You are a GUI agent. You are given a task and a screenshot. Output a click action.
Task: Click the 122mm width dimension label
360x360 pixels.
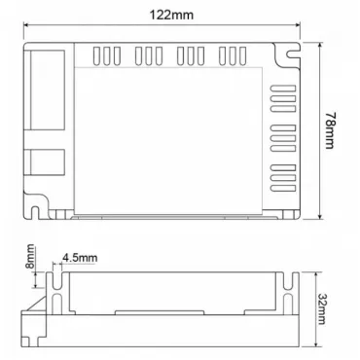(x=171, y=15)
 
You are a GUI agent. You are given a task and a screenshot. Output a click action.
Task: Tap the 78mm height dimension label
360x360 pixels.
(x=331, y=130)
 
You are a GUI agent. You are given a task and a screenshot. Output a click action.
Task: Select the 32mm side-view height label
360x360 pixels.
(x=322, y=308)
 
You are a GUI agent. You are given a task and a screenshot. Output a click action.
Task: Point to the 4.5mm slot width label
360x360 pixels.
(x=80, y=258)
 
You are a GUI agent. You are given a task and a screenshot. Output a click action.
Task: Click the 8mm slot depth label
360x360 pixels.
(x=30, y=256)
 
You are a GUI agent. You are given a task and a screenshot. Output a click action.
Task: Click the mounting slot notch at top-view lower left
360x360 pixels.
(x=35, y=212)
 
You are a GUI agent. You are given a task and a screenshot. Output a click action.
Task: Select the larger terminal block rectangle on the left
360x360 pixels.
(x=48, y=90)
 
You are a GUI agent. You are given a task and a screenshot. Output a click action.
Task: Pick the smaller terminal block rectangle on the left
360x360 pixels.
(x=48, y=162)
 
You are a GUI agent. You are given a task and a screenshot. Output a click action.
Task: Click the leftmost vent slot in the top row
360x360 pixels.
(x=96, y=55)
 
